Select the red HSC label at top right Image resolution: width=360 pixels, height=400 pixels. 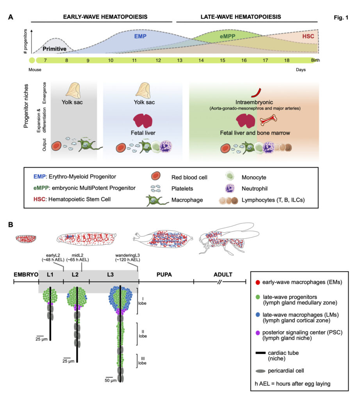click(x=308, y=36)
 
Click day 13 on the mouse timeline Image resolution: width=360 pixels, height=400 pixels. click(x=180, y=61)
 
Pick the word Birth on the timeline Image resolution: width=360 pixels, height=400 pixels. click(x=315, y=61)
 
